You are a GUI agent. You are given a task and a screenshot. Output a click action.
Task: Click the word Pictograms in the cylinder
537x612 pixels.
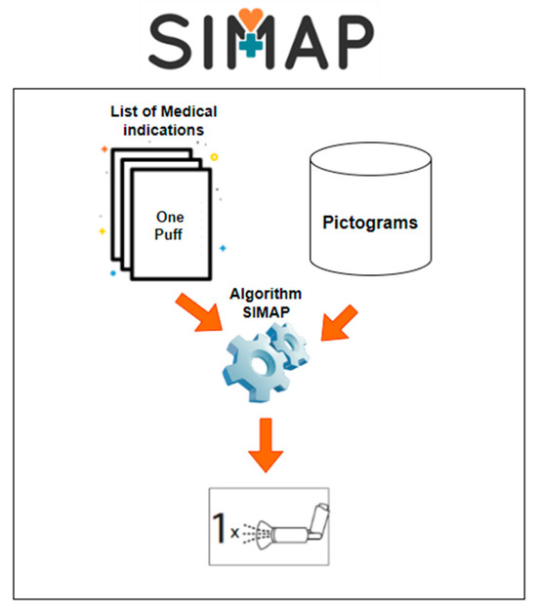370,223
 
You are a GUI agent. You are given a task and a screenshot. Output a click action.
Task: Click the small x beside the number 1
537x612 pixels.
236,534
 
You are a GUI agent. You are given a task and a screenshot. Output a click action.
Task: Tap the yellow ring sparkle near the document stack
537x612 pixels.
214,156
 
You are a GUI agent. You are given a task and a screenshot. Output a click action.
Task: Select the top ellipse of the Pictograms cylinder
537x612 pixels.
370,155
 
